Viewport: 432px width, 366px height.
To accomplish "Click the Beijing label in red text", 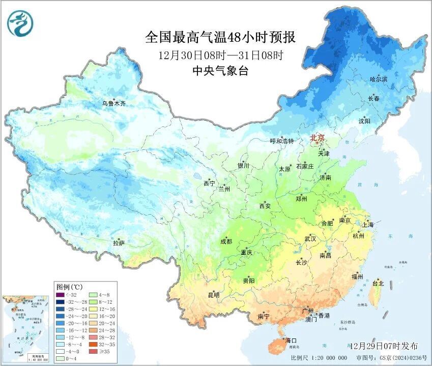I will [x=318, y=137].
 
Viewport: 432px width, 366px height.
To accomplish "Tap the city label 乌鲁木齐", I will [x=113, y=103].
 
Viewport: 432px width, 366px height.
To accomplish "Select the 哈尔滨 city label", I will [x=379, y=80].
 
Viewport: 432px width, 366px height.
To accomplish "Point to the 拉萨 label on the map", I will [x=119, y=244].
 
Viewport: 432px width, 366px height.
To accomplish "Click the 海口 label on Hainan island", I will [x=291, y=340].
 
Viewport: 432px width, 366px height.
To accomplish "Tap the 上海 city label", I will [x=367, y=224].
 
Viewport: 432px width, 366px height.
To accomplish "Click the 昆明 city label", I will [x=214, y=295].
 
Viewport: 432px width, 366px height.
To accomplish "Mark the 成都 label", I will [x=226, y=242].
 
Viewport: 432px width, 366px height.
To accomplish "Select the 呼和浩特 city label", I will [x=282, y=141].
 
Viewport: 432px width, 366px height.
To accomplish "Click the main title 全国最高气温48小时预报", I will [x=220, y=37].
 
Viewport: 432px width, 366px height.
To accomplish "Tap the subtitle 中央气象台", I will [x=220, y=71].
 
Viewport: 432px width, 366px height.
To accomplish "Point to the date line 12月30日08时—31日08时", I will [x=220, y=55].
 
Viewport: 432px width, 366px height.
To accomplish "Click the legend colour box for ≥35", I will [x=94, y=351].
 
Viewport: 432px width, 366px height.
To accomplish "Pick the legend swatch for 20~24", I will [x=94, y=323].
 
